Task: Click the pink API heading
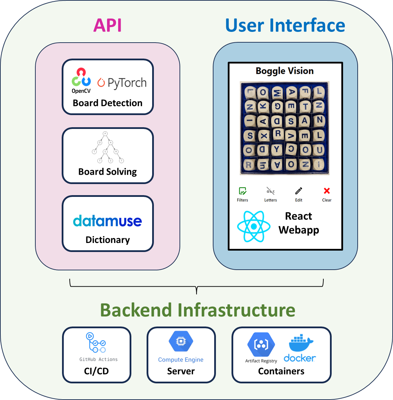(107, 26)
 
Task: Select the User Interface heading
(285, 26)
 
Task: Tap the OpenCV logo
(81, 80)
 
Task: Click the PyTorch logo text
(122, 83)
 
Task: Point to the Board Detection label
(107, 103)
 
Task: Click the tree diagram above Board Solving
(108, 147)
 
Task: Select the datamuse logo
(107, 221)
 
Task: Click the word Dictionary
(107, 240)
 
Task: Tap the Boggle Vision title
(285, 71)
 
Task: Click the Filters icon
(243, 191)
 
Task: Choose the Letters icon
(270, 191)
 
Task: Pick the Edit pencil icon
(299, 191)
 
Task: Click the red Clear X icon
(327, 191)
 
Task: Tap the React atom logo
(254, 226)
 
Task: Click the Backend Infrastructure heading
(198, 310)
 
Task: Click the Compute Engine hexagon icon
(181, 341)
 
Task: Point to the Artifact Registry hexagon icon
(261, 345)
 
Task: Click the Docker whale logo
(300, 343)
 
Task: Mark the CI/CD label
(96, 371)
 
